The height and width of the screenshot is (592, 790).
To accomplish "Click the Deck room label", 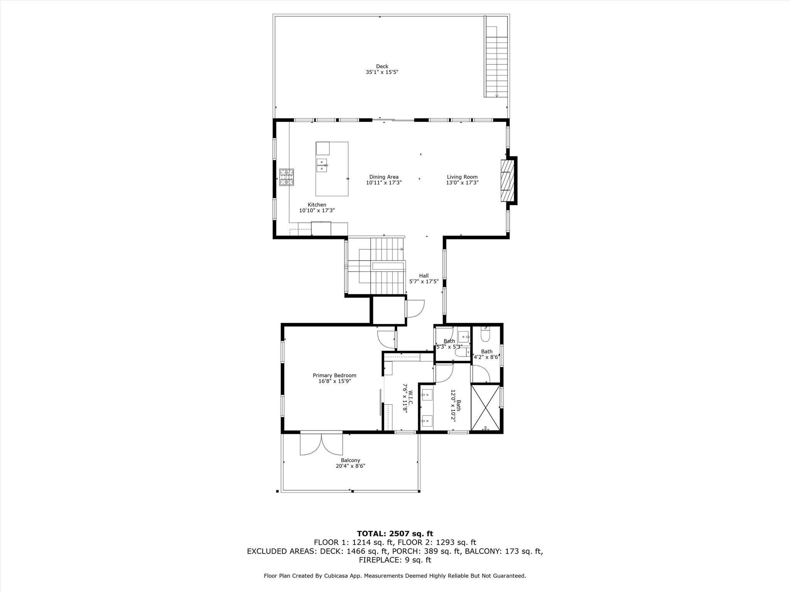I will click(382, 66).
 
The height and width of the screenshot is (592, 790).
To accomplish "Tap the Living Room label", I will click(462, 177).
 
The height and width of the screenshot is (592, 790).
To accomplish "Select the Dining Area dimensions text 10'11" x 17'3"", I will click(384, 183).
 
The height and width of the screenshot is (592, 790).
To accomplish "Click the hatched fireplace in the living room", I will click(508, 180).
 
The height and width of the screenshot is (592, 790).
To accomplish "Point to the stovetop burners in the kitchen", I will click(287, 177).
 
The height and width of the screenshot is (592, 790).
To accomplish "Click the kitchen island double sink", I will click(322, 165).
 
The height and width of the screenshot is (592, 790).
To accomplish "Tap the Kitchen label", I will click(317, 205).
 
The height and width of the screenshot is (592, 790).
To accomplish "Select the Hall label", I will click(424, 276).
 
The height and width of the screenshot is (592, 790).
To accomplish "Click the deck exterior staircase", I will click(496, 62).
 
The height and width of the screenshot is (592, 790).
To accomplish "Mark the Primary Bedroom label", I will click(334, 375).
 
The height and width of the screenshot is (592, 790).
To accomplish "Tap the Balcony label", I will click(350, 460).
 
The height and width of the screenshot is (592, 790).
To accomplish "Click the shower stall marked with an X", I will click(485, 407).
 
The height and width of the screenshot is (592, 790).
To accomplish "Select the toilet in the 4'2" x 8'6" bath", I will click(485, 335).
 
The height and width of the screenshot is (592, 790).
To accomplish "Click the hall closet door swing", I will click(415, 309).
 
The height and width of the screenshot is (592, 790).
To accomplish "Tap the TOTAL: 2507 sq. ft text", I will click(395, 534).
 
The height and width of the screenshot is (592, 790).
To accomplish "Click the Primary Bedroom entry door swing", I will click(386, 338).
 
